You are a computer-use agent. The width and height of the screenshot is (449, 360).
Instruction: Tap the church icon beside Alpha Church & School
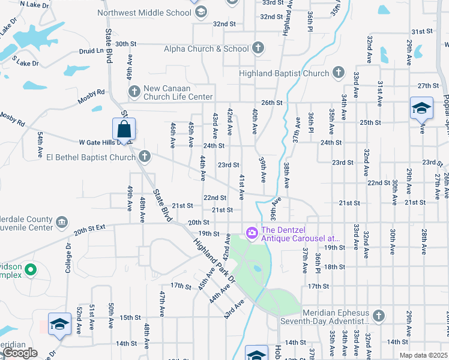(x=258, y=48)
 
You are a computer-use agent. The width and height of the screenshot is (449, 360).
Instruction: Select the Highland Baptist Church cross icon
(x=338, y=73)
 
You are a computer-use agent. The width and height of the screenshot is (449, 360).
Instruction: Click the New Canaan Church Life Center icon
(x=134, y=91)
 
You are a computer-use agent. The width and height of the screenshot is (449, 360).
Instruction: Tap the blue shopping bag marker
(x=124, y=129)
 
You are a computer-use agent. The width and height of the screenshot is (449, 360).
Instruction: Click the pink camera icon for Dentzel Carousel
(x=252, y=232)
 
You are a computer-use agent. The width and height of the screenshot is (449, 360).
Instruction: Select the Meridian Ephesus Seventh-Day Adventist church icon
(x=378, y=315)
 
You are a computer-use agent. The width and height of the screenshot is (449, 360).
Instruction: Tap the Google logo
(x=20, y=353)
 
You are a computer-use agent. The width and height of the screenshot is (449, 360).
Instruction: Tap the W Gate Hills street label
(x=96, y=143)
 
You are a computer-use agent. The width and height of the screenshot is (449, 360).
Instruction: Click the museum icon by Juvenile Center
(x=61, y=223)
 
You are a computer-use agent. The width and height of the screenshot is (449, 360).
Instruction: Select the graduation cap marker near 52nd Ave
(x=59, y=325)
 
